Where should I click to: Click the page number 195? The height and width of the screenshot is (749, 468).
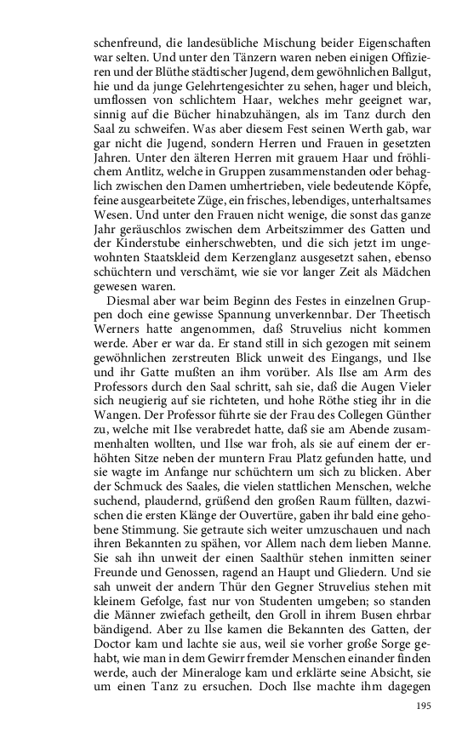click(x=423, y=706)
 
